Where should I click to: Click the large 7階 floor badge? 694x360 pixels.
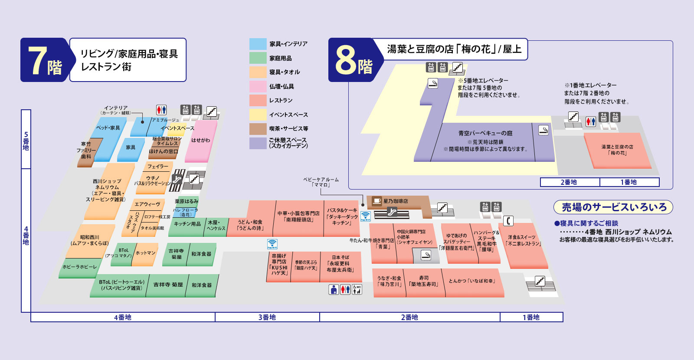click(x=45, y=60)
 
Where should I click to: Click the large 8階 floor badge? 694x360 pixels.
click(x=354, y=60)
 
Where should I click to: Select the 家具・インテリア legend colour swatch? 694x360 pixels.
click(x=258, y=44)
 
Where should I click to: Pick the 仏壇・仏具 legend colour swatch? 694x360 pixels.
click(x=258, y=86)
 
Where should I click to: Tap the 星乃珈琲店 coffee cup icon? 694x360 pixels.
click(x=376, y=201)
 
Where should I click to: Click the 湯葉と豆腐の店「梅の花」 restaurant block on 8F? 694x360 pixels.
click(x=617, y=150)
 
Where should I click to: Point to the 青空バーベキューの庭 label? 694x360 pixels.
click(x=485, y=133)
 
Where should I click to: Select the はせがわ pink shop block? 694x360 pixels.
click(x=200, y=141)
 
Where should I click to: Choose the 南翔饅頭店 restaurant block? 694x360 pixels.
click(x=298, y=217)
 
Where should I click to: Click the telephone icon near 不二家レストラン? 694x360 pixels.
click(x=508, y=221)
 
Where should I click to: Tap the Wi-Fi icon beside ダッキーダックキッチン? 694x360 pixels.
click(x=365, y=216)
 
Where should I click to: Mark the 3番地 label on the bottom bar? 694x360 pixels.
click(x=267, y=317)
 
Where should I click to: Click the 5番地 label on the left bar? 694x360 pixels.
click(x=26, y=141)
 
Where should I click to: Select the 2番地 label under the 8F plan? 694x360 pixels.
click(x=569, y=182)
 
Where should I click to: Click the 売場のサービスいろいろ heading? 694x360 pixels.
click(x=613, y=207)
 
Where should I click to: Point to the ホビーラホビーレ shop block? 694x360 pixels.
click(x=79, y=267)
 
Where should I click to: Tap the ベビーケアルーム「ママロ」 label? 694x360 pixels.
click(x=321, y=182)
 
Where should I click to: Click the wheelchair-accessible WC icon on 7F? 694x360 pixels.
click(x=357, y=289)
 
